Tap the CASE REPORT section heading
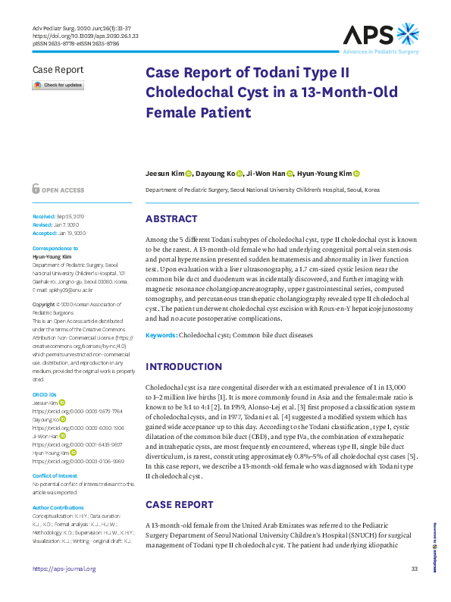[x=179, y=504]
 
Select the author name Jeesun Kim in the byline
[x=164, y=174]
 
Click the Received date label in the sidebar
[x=44, y=217]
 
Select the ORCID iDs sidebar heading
[x=45, y=395]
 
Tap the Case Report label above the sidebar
[x=58, y=70]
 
